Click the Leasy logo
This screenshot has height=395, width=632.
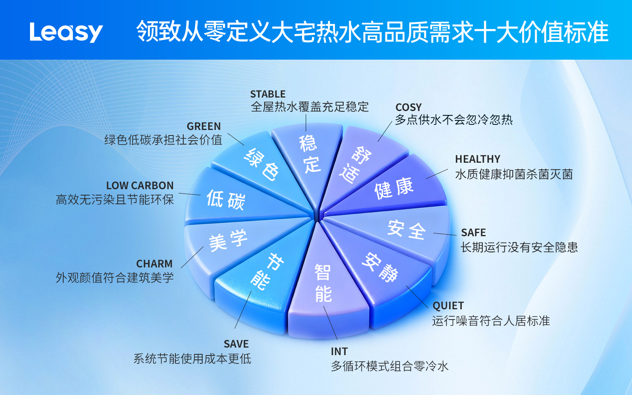pos(66,32)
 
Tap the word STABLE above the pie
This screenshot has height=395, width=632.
pos(268,94)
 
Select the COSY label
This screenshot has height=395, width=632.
pos(408,107)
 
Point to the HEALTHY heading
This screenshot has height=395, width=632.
pos(478,159)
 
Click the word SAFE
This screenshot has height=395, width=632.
pos(473,233)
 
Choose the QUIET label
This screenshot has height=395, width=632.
pos(448,306)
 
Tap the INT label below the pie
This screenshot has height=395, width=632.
pos(339,352)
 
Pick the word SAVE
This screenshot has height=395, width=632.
pos(236,344)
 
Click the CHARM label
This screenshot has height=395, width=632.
pos(154,264)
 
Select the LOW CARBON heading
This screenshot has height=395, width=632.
pos(140,186)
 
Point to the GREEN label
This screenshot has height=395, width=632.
pos(204,126)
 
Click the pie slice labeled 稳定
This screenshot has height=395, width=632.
pos(308,158)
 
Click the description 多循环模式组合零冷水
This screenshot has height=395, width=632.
pos(389,366)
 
